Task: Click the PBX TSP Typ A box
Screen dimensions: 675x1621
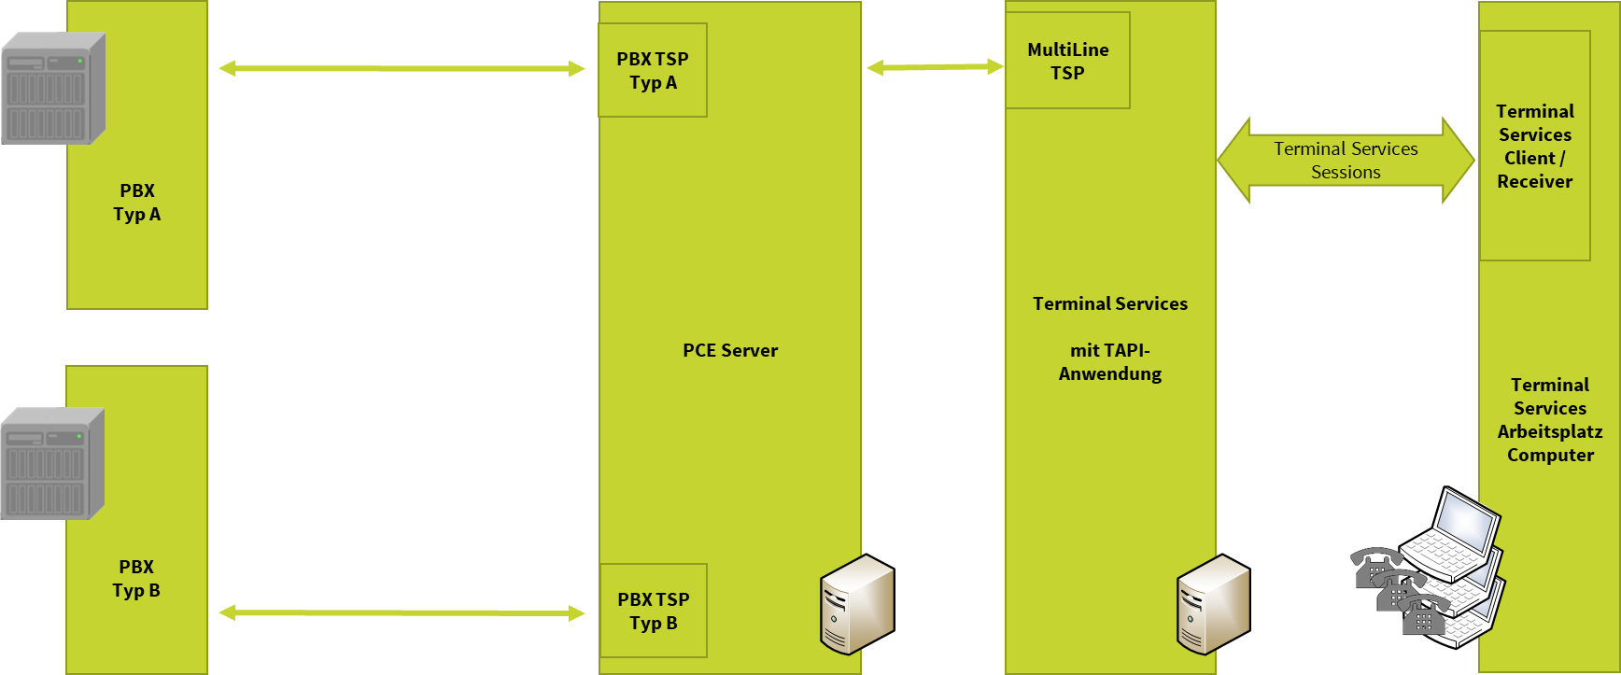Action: (x=652, y=70)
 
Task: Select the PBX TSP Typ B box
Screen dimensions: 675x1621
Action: (x=653, y=611)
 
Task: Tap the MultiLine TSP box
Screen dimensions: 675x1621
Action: (x=1067, y=61)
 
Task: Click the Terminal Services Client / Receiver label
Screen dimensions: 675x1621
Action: (x=1534, y=147)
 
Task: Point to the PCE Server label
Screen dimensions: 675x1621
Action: (x=729, y=351)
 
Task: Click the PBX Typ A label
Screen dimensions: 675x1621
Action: (x=137, y=203)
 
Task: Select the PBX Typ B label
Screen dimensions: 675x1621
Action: (x=136, y=579)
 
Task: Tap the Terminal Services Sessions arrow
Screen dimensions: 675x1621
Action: (x=1346, y=161)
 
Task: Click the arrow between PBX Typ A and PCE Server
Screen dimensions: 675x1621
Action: (x=402, y=68)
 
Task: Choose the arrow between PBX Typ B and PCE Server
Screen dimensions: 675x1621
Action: (x=402, y=612)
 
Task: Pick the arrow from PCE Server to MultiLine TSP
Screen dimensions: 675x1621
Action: (x=934, y=66)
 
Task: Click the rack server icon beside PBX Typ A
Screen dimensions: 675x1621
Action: (x=52, y=89)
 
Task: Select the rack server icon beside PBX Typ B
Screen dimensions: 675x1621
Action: (x=51, y=464)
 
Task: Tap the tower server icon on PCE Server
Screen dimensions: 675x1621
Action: (x=856, y=604)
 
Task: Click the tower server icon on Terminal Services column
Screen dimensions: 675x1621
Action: (x=1212, y=604)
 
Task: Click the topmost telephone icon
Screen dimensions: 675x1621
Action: (x=1374, y=567)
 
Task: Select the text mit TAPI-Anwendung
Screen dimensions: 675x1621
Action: (x=1109, y=362)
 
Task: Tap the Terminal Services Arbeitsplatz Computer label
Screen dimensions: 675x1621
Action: (x=1549, y=420)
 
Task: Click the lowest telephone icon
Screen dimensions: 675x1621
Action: (x=1422, y=616)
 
